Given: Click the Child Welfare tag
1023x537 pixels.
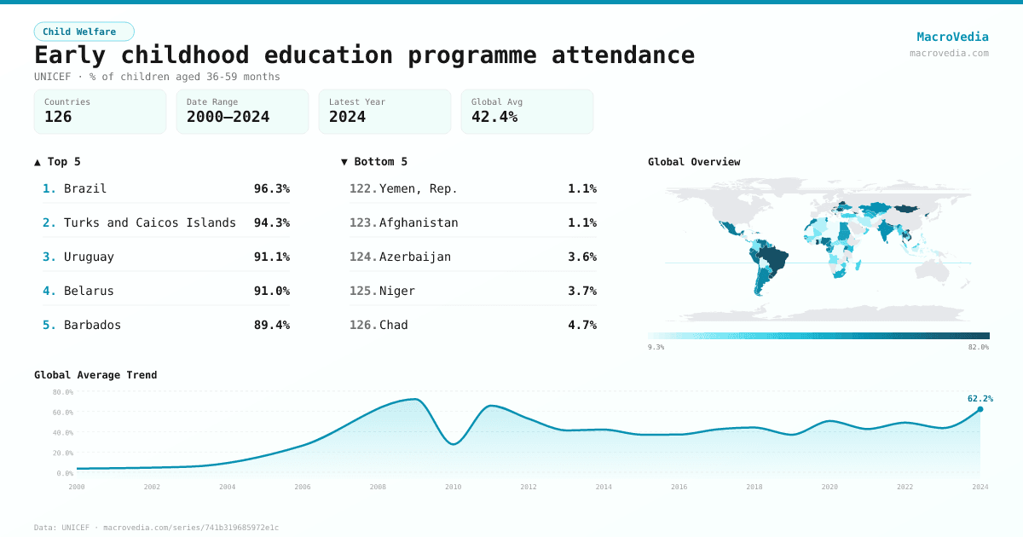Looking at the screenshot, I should (84, 32).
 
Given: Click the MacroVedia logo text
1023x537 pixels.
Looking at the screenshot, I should (952, 37).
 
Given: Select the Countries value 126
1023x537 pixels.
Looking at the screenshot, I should (58, 117).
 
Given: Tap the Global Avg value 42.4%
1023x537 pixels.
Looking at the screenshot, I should (494, 117).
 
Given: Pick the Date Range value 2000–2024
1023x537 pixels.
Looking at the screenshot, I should (228, 117).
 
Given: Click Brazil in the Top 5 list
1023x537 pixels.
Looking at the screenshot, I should (85, 188).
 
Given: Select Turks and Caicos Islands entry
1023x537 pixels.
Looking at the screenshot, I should (149, 222).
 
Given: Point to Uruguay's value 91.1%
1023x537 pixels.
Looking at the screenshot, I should (271, 257).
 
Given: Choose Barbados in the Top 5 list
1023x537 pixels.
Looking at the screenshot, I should (92, 325).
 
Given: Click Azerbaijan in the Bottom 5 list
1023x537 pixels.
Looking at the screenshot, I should (415, 257).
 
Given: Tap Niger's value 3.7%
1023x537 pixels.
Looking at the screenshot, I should (582, 291).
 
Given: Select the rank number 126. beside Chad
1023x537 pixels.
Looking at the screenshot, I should (363, 325).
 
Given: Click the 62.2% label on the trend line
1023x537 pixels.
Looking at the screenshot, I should (980, 398).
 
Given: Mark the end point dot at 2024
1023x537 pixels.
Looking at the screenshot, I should (980, 409).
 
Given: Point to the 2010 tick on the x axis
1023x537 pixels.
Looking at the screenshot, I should (453, 487).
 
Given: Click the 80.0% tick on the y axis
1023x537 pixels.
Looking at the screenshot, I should (63, 392).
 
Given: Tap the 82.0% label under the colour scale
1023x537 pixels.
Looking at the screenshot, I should (978, 347).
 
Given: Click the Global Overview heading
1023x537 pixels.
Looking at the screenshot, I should (694, 162).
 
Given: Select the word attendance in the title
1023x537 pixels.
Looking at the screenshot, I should (622, 55).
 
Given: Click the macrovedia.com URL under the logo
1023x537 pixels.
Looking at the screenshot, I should (949, 53).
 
